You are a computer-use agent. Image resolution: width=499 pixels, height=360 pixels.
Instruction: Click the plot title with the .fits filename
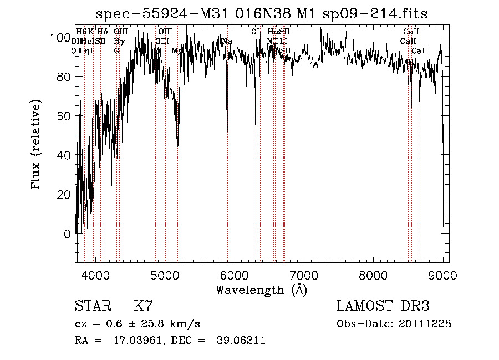262,13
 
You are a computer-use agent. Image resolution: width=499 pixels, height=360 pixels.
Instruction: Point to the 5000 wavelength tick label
165,276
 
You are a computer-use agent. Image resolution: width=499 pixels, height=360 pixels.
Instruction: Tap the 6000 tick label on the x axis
234,276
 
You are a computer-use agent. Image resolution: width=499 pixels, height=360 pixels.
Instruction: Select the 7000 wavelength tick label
304,276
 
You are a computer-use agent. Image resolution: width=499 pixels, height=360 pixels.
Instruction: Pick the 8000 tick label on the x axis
373,276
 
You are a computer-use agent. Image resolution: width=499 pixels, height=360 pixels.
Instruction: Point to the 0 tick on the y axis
68,234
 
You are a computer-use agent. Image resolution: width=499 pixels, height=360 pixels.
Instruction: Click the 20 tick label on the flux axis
64,195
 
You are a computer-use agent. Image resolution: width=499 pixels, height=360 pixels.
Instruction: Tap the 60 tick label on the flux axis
64,116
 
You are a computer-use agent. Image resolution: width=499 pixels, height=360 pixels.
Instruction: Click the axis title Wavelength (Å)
261,290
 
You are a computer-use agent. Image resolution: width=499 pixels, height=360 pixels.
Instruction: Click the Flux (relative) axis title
37,145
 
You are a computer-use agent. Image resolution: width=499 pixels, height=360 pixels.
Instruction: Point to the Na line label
227,42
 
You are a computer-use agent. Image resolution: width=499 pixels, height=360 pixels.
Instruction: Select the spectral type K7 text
142,306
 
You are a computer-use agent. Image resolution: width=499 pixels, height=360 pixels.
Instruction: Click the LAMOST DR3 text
383,306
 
